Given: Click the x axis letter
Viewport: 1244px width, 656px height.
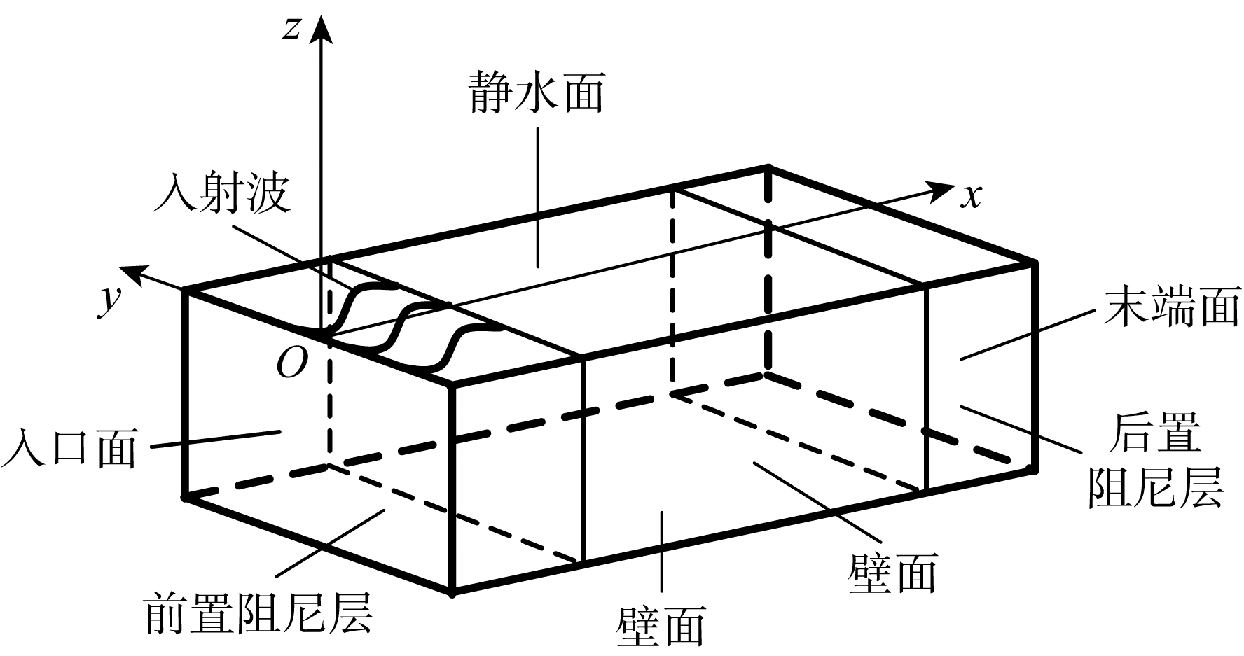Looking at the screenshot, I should pyautogui.click(x=970, y=197).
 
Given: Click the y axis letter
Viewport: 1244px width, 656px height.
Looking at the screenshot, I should pyautogui.click(x=107, y=301).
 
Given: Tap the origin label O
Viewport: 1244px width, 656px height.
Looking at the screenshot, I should pyautogui.click(x=291, y=363).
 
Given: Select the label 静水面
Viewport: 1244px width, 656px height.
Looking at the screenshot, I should pyautogui.click(x=537, y=92).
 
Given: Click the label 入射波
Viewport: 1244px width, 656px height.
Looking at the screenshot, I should pyautogui.click(x=221, y=192).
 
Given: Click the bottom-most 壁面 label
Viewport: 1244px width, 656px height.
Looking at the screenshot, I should pyautogui.click(x=661, y=625).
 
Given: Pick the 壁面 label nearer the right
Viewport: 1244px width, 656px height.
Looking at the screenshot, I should pyautogui.click(x=892, y=574).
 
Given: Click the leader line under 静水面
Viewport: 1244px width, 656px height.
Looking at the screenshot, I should pyautogui.click(x=538, y=196).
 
